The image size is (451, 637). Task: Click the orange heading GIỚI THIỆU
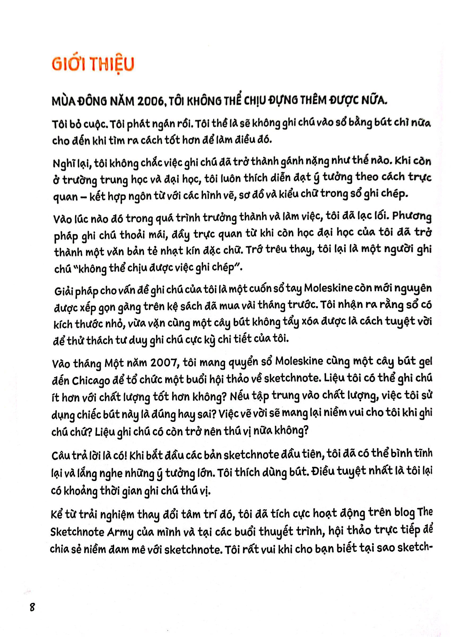tap(93, 64)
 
